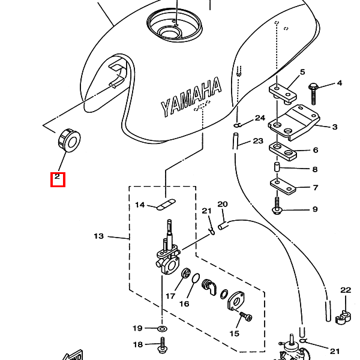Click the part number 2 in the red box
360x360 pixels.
pyautogui.click(x=57, y=176)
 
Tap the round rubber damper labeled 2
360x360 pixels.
pyautogui.click(x=68, y=140)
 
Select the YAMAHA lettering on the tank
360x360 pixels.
pyautogui.click(x=191, y=97)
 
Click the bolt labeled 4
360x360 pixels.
pyautogui.click(x=313, y=94)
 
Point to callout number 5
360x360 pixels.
pyautogui.click(x=302, y=72)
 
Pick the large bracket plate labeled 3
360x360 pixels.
pyautogui.click(x=294, y=123)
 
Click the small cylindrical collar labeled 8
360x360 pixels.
pyautogui.click(x=277, y=167)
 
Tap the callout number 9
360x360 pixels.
pyautogui.click(x=315, y=209)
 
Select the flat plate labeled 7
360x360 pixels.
pyautogui.click(x=283, y=187)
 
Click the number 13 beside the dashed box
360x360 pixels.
pyautogui.click(x=99, y=236)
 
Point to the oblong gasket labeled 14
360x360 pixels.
pyautogui.click(x=166, y=205)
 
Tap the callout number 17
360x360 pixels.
pyautogui.click(x=170, y=296)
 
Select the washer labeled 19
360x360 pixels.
pyautogui.click(x=162, y=329)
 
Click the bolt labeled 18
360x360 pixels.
pyautogui.click(x=163, y=345)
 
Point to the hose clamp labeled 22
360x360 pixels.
pyautogui.click(x=343, y=317)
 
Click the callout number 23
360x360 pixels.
pyautogui.click(x=258, y=141)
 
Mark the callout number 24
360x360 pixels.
pyautogui.click(x=260, y=118)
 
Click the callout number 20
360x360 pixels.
pyautogui.click(x=223, y=204)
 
